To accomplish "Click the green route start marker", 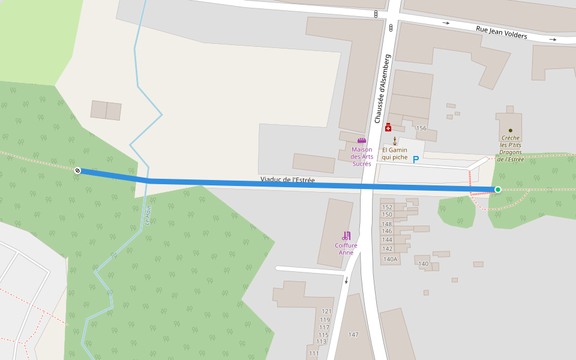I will tap(497, 190).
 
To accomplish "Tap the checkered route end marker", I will tap(77, 171).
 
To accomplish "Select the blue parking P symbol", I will tap(415, 160).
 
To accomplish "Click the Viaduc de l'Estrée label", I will tap(287, 180).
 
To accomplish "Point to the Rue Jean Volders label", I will tap(501, 32).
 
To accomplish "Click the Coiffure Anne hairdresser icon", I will tap(346, 236).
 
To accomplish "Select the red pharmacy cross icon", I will tap(388, 127).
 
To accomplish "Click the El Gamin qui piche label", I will tap(395, 154).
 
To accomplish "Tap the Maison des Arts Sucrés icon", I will tap(361, 140).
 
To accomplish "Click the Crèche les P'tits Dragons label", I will tap(511, 148).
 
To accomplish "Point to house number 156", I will tap(421, 128).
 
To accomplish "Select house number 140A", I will tap(390, 259).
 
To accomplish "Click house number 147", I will tap(353, 334).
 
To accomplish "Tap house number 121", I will tap(326, 311).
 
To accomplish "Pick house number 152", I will tap(387, 207).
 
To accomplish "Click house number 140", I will tap(424, 264).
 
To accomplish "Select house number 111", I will tap(314, 353).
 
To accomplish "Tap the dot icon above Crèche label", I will tap(511, 130).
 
